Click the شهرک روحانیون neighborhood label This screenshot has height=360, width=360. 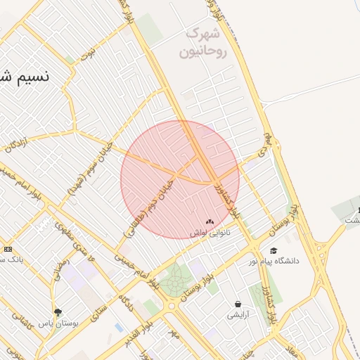pyautogui.click(x=205, y=42)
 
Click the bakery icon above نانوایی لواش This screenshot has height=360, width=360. pyautogui.click(x=210, y=221)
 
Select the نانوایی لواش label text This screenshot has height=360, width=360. pyautogui.click(x=210, y=233)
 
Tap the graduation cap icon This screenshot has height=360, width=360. pyautogui.click(x=274, y=250)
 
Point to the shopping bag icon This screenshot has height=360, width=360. pyautogui.click(x=238, y=304)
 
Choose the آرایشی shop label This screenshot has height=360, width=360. pyautogui.click(x=238, y=316)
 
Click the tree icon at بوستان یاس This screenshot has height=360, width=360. pyautogui.click(x=58, y=311)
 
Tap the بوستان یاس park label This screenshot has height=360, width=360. pyautogui.click(x=56, y=323)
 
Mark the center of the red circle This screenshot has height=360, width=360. pyautogui.click(x=180, y=179)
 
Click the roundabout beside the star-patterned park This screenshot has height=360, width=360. pyautogui.click(x=171, y=306)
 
